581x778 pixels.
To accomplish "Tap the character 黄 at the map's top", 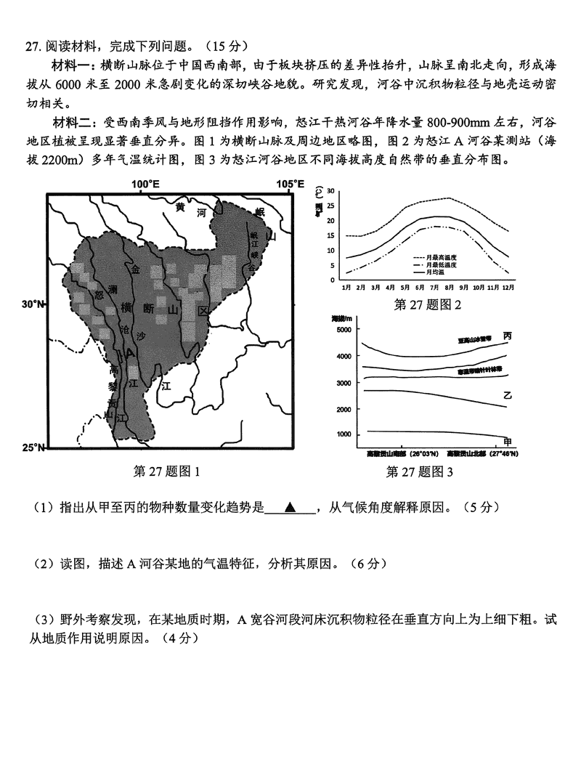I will (x=180, y=207).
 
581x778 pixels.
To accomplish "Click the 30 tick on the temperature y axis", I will (x=330, y=191).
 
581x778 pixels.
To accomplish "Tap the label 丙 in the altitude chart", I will (x=508, y=336).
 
